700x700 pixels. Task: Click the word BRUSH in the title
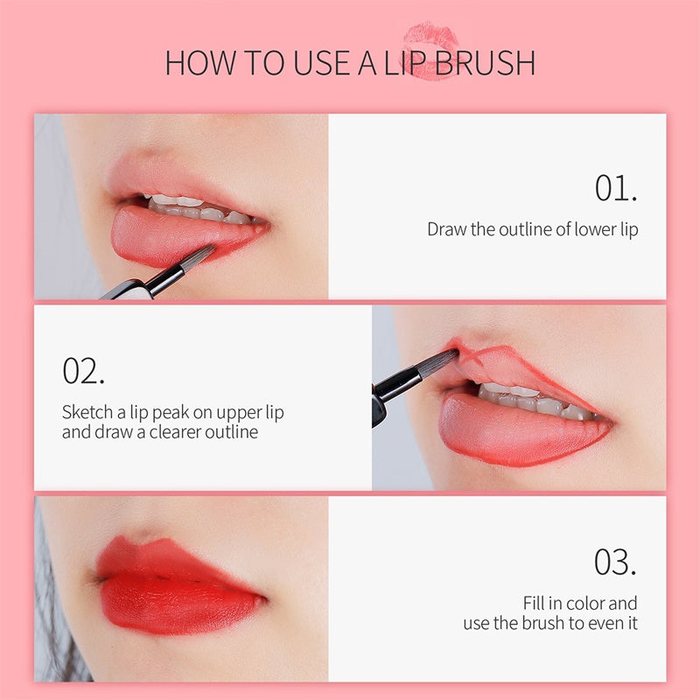tap(486, 63)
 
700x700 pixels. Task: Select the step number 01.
tap(616, 188)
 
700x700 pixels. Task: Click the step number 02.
tap(84, 370)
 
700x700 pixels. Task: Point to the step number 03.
tap(616, 562)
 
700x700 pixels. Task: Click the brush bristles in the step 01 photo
tap(195, 258)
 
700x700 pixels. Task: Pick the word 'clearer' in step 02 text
tap(177, 432)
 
